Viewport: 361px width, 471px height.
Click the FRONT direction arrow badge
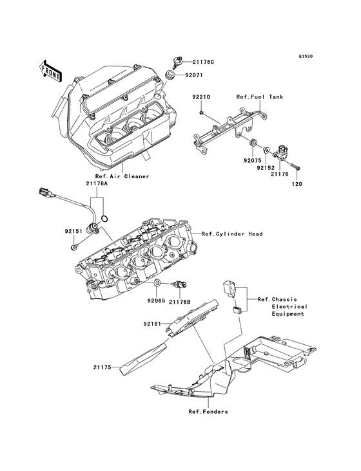51,70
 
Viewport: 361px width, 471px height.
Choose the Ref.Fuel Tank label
259,97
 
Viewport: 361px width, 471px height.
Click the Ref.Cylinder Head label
231,234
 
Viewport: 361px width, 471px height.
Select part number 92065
155,300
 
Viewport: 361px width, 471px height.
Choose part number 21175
102,368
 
